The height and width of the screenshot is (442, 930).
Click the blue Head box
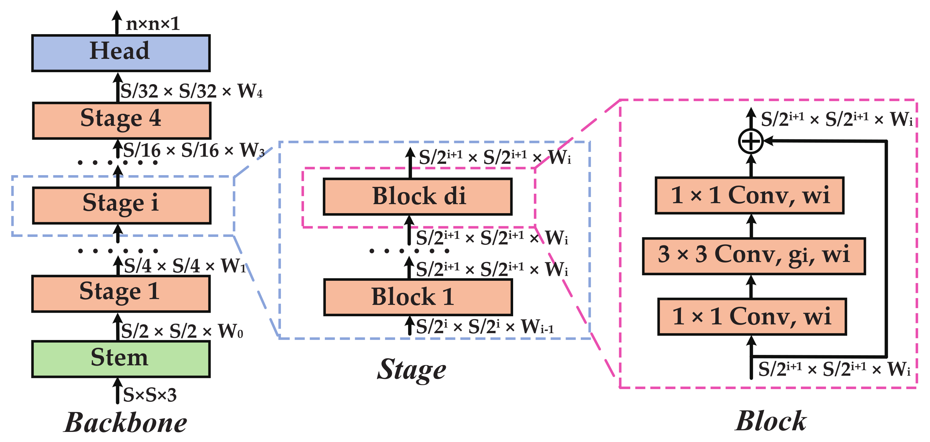(x=121, y=53)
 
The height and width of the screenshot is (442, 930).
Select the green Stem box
(x=121, y=359)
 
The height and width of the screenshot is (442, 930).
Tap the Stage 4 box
(x=121, y=120)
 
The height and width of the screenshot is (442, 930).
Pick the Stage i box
(x=121, y=205)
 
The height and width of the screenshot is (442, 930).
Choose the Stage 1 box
(x=121, y=293)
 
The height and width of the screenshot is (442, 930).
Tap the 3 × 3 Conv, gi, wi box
(x=754, y=256)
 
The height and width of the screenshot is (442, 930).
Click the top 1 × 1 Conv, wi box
(x=750, y=195)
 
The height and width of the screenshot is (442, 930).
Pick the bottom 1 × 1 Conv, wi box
(x=752, y=317)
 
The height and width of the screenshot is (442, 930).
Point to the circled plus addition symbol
(x=751, y=141)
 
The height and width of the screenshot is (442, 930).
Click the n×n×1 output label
(x=153, y=24)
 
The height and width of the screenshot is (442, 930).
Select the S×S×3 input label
(x=150, y=395)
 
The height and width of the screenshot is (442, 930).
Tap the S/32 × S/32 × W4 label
(x=191, y=91)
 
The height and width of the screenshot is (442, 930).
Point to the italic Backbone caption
(x=126, y=422)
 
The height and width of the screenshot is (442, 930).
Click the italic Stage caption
(x=412, y=370)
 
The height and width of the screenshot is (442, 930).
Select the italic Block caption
(x=770, y=421)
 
